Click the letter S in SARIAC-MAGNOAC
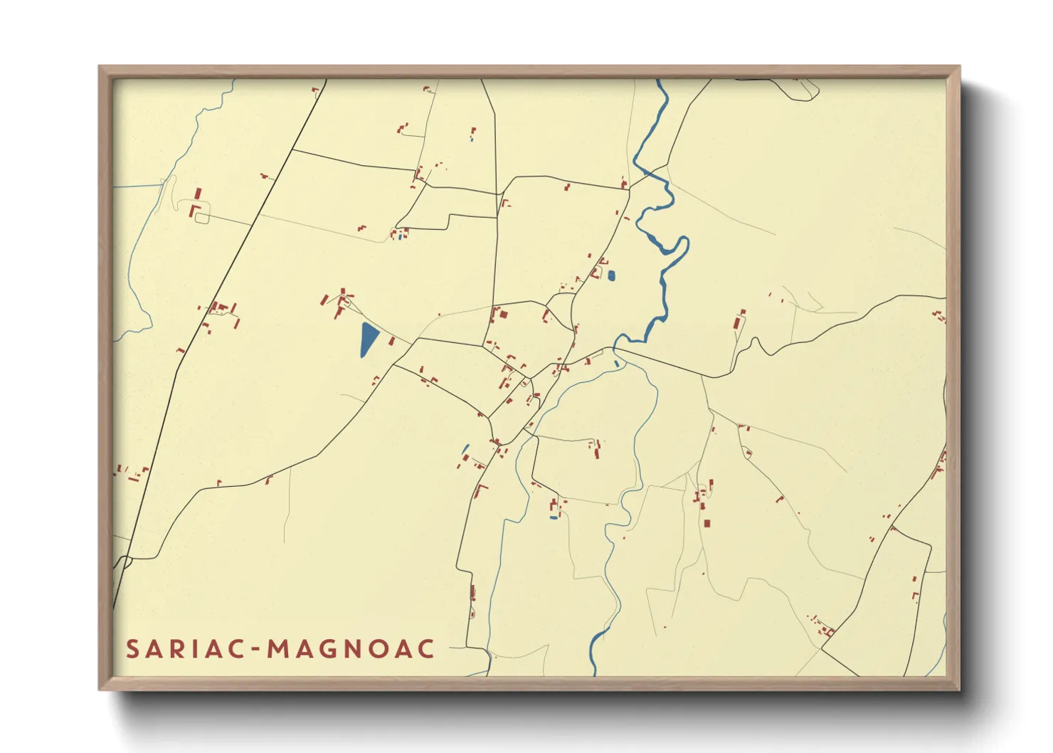(132, 649)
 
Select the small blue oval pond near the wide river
(611, 275)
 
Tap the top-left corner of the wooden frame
(99, 66)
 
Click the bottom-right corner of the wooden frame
(960, 690)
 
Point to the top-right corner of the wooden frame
(960, 66)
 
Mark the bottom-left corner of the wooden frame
(99, 690)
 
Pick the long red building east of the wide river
(739, 321)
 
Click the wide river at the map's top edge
(660, 85)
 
